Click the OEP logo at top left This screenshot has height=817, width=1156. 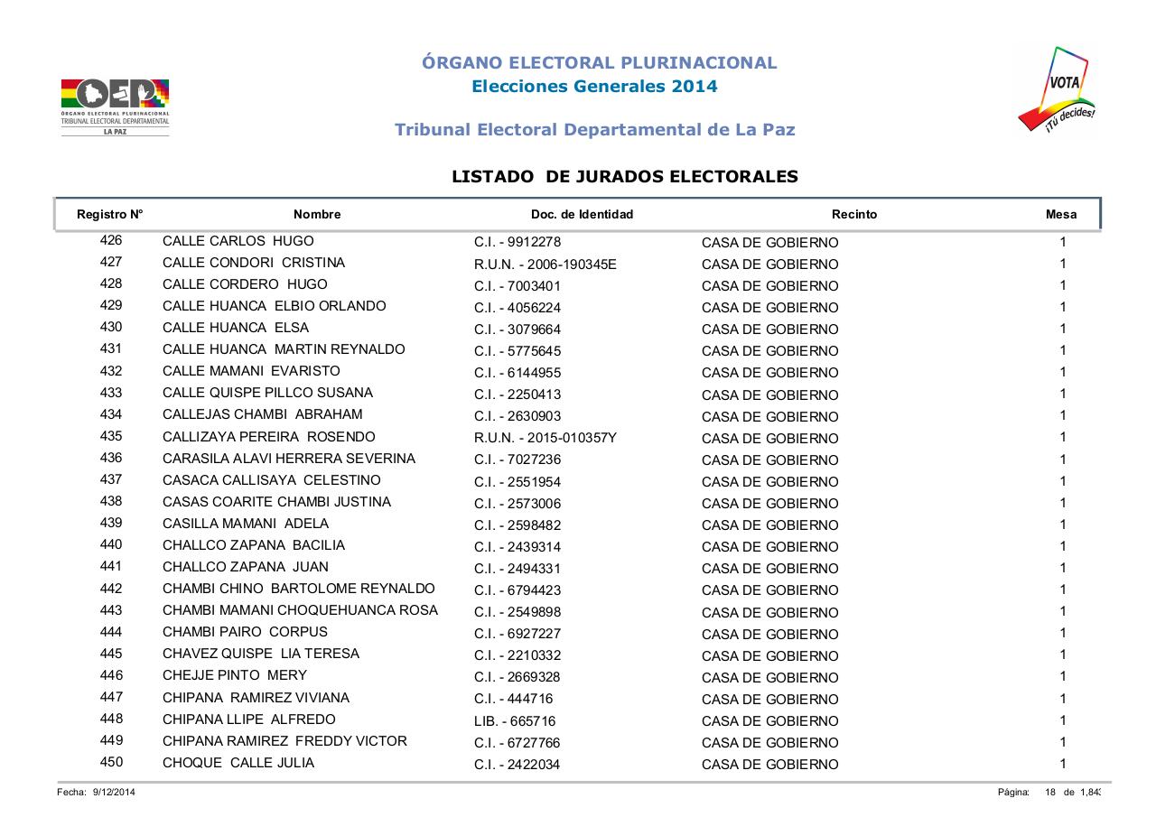tap(115, 106)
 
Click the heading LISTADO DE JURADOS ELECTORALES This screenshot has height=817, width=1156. tap(625, 177)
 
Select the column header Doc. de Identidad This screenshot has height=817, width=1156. tap(582, 215)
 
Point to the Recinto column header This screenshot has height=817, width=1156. tap(853, 215)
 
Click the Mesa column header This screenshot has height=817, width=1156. tap(1060, 215)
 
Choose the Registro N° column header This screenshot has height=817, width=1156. tap(110, 215)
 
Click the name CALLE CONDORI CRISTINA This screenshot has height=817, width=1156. tap(254, 263)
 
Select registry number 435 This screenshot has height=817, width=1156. tap(111, 436)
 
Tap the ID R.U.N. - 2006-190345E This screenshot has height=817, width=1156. tap(545, 265)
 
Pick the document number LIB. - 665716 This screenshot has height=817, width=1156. tap(515, 721)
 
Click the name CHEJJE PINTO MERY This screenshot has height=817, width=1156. tap(235, 675)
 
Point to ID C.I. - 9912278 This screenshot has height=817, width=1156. tap(517, 243)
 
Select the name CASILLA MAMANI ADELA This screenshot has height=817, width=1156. tap(246, 524)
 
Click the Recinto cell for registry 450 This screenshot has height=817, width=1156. tap(769, 765)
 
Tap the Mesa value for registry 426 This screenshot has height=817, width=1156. tap(1063, 242)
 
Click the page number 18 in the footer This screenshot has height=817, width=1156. tap(1050, 792)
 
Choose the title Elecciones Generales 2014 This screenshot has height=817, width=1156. tap(595, 87)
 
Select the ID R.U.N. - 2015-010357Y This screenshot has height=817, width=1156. tap(545, 439)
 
